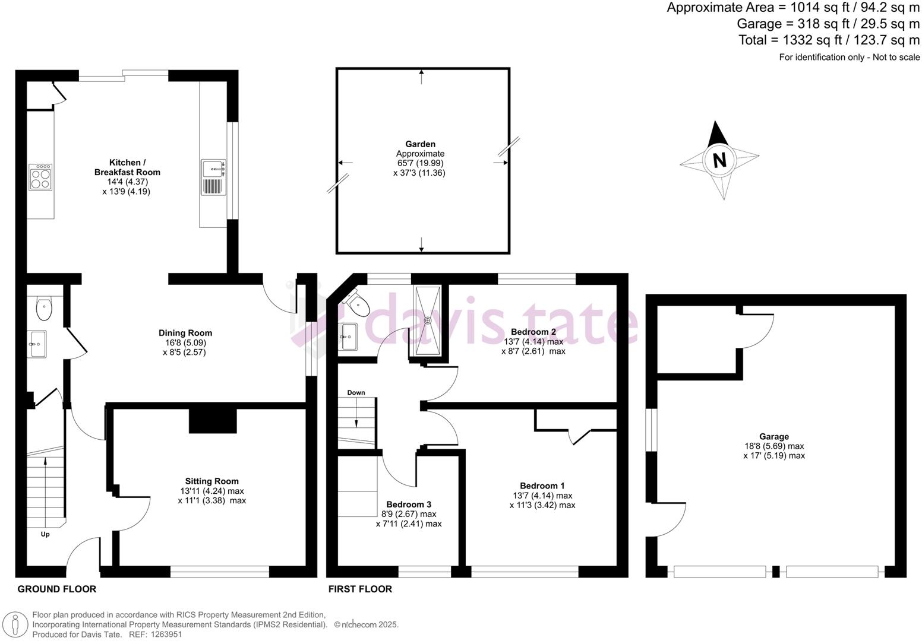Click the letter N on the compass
tap(719, 160)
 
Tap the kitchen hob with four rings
tap(40, 177)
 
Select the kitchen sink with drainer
tap(214, 177)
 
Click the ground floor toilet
tap(43, 309)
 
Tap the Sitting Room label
tap(211, 481)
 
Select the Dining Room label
tap(185, 333)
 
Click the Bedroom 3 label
tap(409, 504)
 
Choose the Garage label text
tap(774, 437)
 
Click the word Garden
tap(420, 144)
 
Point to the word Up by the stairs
tap(45, 534)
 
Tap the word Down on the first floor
tap(356, 393)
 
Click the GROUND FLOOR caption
tap(57, 589)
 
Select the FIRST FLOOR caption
tap(360, 589)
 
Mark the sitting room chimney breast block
tap(213, 421)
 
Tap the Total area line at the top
tap(829, 40)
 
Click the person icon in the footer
tap(15, 624)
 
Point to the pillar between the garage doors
tap(776, 572)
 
